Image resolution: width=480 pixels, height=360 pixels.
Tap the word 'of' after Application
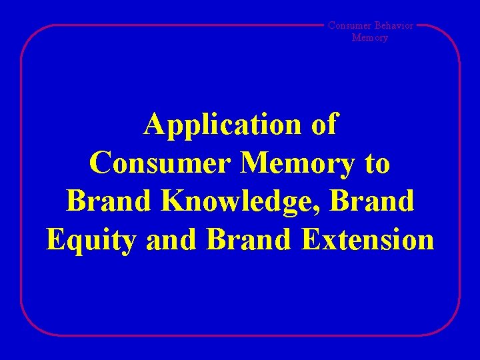click(324, 125)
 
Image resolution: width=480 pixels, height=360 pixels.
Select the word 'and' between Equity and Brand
click(169, 239)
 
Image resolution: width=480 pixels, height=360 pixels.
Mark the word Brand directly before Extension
click(248, 239)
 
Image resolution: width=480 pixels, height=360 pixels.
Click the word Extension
click(368, 239)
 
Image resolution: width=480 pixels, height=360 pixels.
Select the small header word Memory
click(369, 38)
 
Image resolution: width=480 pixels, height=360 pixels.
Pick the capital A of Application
click(155, 124)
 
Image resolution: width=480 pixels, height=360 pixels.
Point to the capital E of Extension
click(313, 239)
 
